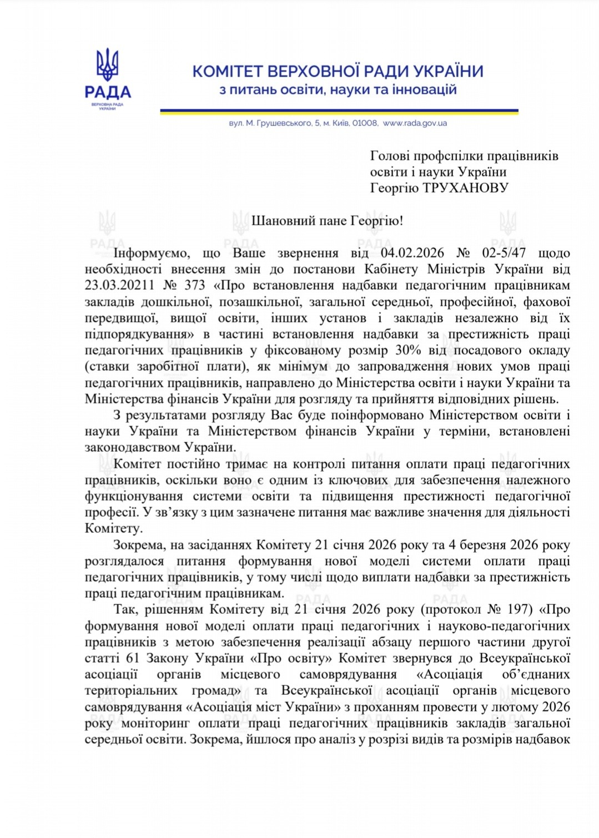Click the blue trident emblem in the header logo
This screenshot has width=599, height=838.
pyautogui.click(x=107, y=64)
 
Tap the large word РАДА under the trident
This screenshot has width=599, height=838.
pyautogui.click(x=108, y=92)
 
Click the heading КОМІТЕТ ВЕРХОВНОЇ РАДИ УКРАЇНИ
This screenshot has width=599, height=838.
pyautogui.click(x=338, y=72)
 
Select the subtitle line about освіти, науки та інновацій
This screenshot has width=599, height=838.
pyautogui.click(x=338, y=90)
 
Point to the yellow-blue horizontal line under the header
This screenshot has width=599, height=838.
pyautogui.click(x=339, y=112)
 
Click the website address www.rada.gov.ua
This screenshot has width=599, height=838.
pyautogui.click(x=415, y=123)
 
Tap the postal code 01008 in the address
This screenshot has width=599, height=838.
pyautogui.click(x=365, y=123)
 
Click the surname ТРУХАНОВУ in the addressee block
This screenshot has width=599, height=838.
pyautogui.click(x=465, y=188)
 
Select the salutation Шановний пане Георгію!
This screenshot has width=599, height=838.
pyautogui.click(x=327, y=221)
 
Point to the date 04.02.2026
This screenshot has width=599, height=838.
pyautogui.click(x=412, y=253)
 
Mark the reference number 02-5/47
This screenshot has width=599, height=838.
pyautogui.click(x=504, y=253)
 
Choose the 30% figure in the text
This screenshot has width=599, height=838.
pyautogui.click(x=407, y=351)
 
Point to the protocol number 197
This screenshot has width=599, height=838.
pyautogui.click(x=517, y=609)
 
